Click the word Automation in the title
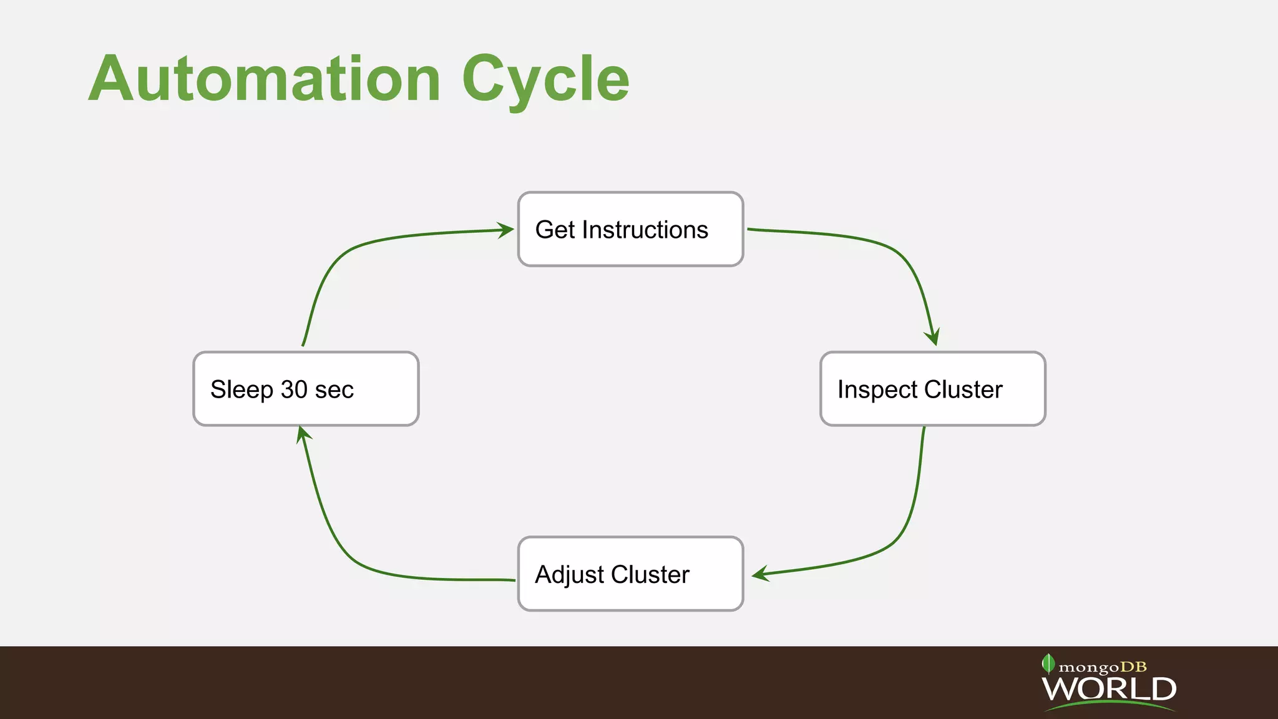265,79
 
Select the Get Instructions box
630,229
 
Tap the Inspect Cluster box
932,389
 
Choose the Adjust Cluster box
630,574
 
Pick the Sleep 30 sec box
306,389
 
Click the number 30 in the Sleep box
295,389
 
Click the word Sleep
242,390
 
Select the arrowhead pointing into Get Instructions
506,230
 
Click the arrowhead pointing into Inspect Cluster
932,338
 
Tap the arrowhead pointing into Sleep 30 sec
302,434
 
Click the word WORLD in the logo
1109,689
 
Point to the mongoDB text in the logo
1103,667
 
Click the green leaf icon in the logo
1048,663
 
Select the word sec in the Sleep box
334,390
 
